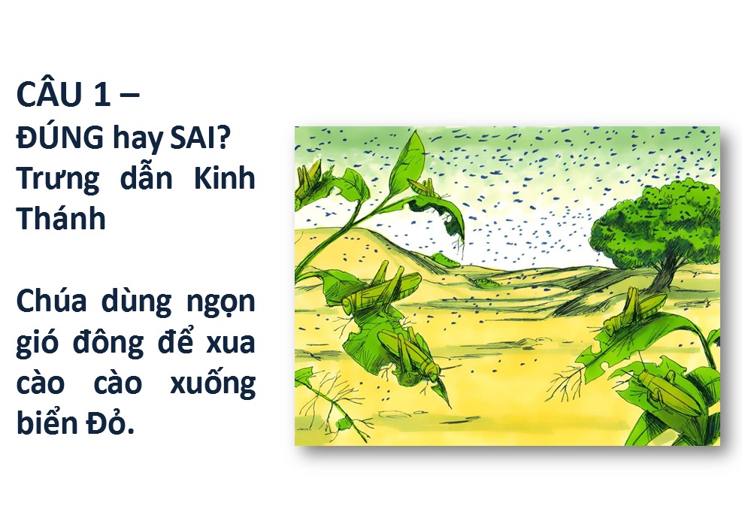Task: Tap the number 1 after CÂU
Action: pos(102,94)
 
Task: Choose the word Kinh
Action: pos(225,178)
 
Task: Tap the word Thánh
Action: pos(61,218)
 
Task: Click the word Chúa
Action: pos(52,301)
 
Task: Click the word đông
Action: pos(109,342)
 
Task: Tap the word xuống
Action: pos(213,384)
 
